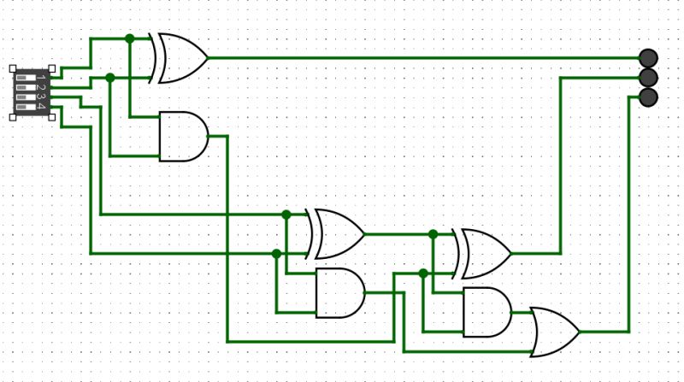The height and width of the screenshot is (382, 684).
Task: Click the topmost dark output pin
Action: [x=648, y=58]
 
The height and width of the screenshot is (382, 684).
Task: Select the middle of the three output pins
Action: [x=648, y=78]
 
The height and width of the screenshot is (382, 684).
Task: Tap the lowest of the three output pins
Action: [x=648, y=97]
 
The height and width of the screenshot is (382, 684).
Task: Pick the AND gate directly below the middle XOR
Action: [x=340, y=292]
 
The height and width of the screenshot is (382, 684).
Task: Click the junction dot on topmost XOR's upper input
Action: [x=129, y=38]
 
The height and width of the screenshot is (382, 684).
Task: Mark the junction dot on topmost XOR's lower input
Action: [x=109, y=78]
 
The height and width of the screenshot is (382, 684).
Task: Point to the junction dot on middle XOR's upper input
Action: [x=286, y=214]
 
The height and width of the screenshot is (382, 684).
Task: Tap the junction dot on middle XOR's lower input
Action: [x=276, y=253]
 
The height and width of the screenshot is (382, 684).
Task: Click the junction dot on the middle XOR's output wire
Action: [x=433, y=233]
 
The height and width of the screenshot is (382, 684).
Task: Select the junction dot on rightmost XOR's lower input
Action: [x=423, y=273]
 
